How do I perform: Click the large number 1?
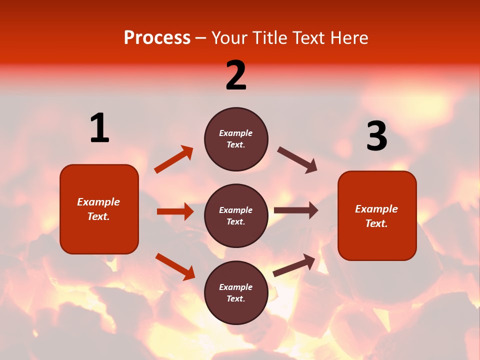point(99,128)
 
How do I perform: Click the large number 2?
point(236,75)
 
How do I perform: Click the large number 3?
point(376,136)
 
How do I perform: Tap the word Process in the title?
point(157,37)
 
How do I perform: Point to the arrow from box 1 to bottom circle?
point(175,266)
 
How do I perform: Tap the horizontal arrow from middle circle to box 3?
point(296,210)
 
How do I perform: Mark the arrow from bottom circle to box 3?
point(294,265)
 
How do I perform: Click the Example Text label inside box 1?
point(99,209)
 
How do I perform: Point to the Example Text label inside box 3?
point(376,216)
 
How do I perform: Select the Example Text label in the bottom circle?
point(236,293)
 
